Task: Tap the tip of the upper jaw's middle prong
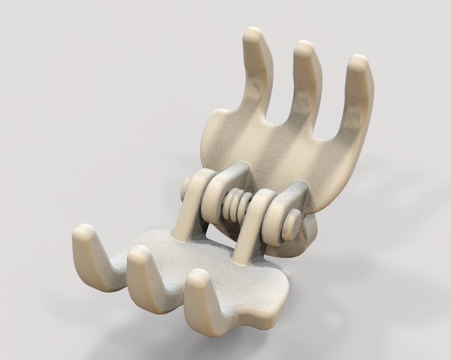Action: click(x=305, y=50)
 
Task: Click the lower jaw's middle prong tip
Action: click(x=139, y=254)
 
